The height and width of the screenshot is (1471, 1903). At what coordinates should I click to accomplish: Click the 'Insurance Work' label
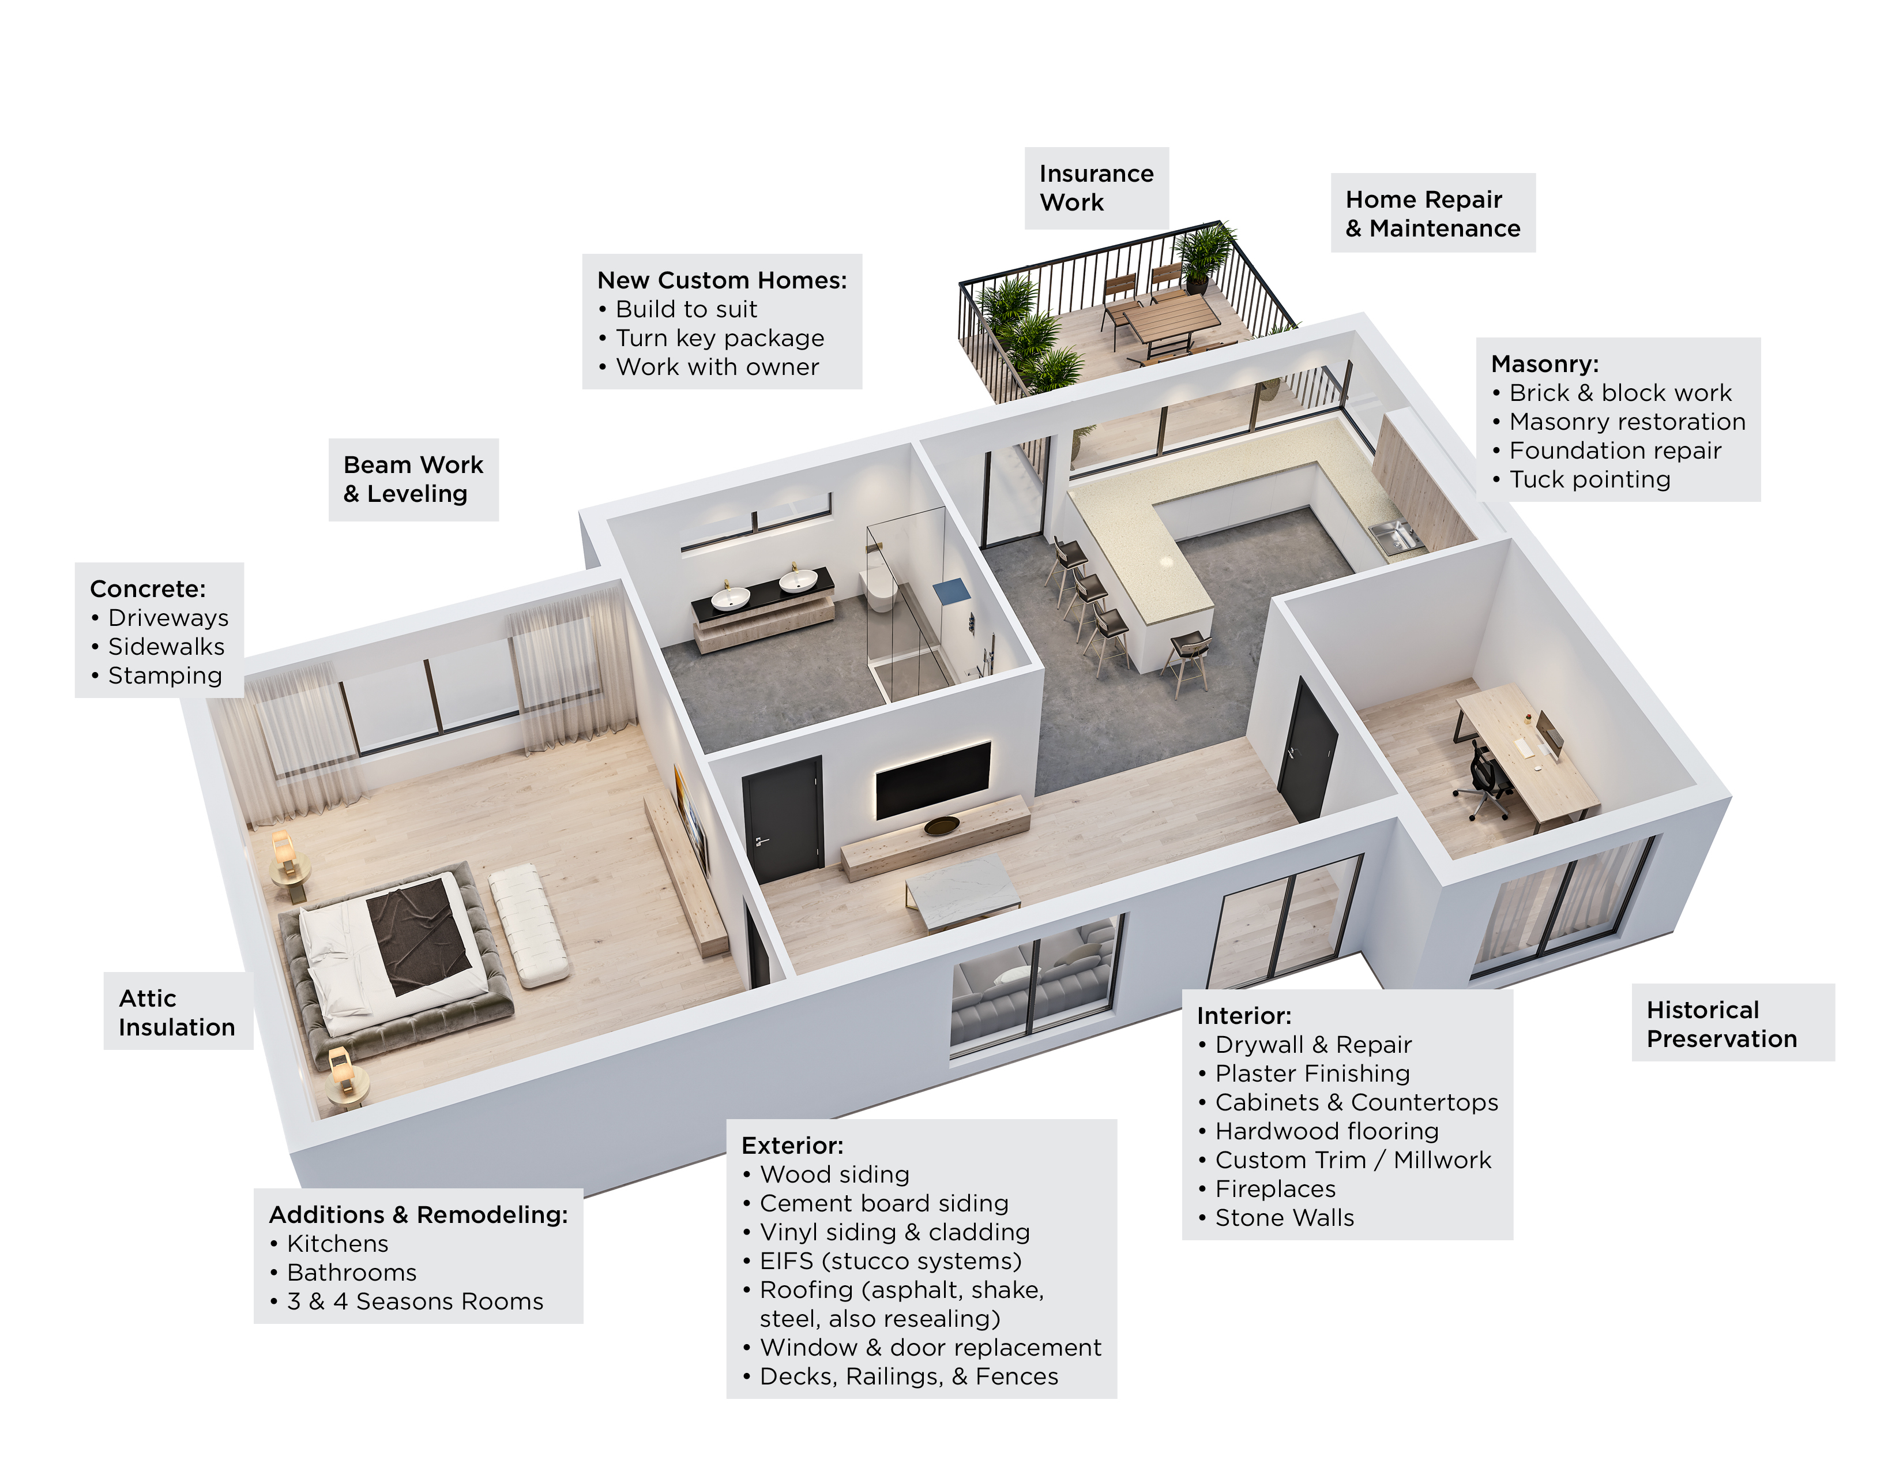pyautogui.click(x=1096, y=188)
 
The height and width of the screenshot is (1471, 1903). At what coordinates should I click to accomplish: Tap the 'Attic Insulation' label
pyautogui.click(x=178, y=1012)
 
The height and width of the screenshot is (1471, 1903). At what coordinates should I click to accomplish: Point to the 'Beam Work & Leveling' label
pyautogui.click(x=413, y=479)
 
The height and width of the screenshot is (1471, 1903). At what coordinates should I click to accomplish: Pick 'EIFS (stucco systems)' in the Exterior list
pyautogui.click(x=882, y=1261)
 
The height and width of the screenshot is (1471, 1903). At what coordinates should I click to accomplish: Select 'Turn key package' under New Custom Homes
pyautogui.click(x=711, y=338)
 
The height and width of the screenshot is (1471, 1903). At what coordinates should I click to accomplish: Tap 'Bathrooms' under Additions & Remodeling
pyautogui.click(x=343, y=1273)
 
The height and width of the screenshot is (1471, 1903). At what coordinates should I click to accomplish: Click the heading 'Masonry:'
pyautogui.click(x=1545, y=363)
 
